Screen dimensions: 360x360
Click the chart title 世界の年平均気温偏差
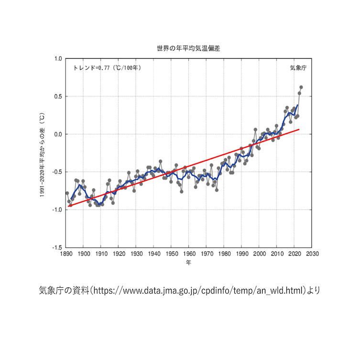(189, 48)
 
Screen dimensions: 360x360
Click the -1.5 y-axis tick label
(56, 248)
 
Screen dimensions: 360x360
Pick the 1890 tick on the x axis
(66, 254)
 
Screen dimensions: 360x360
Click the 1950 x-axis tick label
(172, 254)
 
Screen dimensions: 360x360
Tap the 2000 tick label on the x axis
(260, 254)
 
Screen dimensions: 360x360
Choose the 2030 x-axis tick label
(312, 254)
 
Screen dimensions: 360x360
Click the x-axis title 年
(189, 263)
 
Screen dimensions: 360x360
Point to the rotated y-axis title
(42, 153)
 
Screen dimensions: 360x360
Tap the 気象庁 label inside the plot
(298, 68)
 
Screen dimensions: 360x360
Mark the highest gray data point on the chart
(301, 87)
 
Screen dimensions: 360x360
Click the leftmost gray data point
(67, 193)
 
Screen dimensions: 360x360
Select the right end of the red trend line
(299, 129)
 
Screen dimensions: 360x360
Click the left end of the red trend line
(69, 206)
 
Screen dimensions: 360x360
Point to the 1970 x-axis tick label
(207, 254)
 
